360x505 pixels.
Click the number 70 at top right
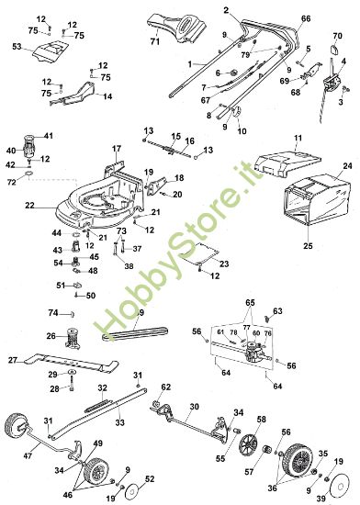[x=337, y=38]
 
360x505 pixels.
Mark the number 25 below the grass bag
[x=308, y=246]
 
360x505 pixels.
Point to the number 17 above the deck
[x=117, y=148]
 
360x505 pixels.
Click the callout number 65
[x=249, y=301]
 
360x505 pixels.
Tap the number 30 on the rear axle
[x=194, y=405]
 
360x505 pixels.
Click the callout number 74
[x=53, y=313]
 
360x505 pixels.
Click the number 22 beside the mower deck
[x=29, y=205]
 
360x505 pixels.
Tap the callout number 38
[x=129, y=265]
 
